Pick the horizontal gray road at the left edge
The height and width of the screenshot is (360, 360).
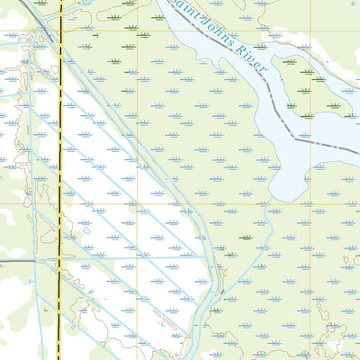(13, 261)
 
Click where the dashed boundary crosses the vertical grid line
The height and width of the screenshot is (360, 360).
(312, 139)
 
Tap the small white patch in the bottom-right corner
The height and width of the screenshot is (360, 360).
(335, 345)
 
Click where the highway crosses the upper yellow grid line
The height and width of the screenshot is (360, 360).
(60, 32)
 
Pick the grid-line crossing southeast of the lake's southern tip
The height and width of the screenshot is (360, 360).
(312, 202)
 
